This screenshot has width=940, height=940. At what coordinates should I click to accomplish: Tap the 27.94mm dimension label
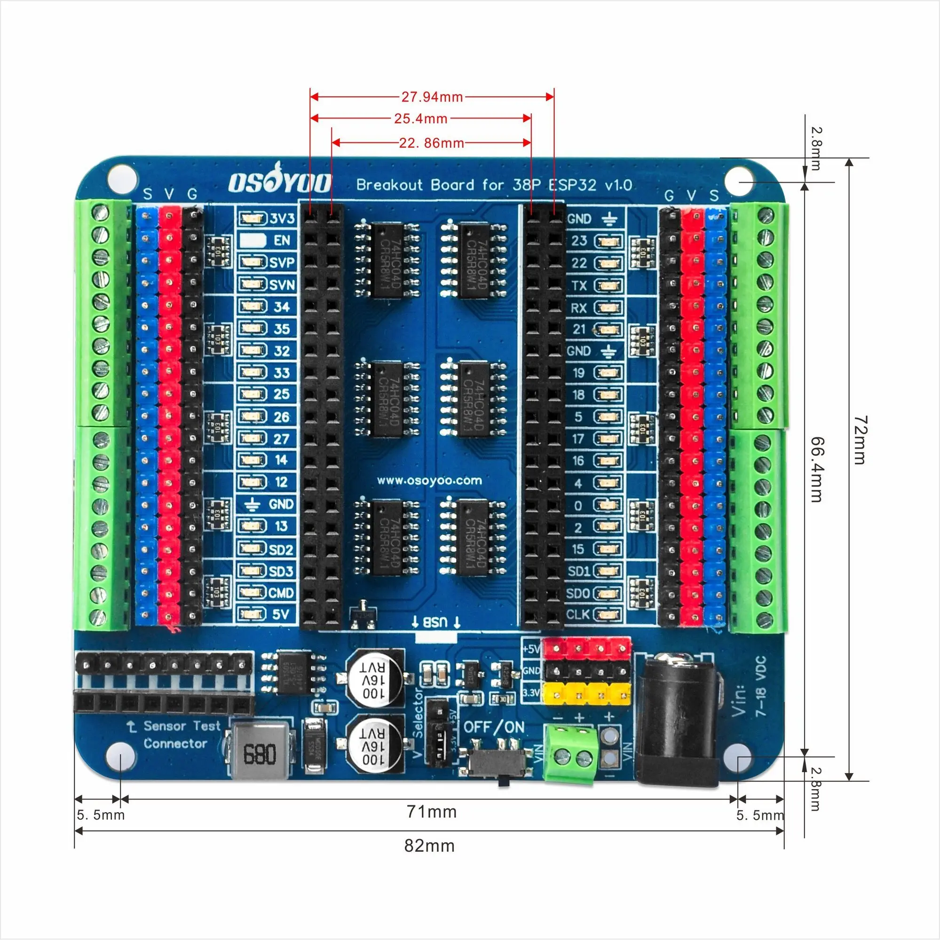click(432, 97)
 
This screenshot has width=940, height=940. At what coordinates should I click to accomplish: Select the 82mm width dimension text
click(429, 846)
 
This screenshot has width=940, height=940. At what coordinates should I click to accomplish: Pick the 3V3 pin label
click(282, 219)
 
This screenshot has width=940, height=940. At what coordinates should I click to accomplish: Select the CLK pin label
click(578, 614)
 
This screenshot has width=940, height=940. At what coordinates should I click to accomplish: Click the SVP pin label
click(282, 263)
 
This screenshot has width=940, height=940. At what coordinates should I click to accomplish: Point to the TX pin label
click(579, 286)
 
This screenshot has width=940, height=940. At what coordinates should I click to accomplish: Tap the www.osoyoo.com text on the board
click(429, 481)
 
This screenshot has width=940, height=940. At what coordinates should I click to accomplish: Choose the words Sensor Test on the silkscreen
click(182, 727)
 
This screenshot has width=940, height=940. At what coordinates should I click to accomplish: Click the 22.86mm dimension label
click(431, 143)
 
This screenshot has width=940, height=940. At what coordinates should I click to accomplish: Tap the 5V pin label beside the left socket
click(281, 614)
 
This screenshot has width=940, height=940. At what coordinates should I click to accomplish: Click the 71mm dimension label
click(431, 812)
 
